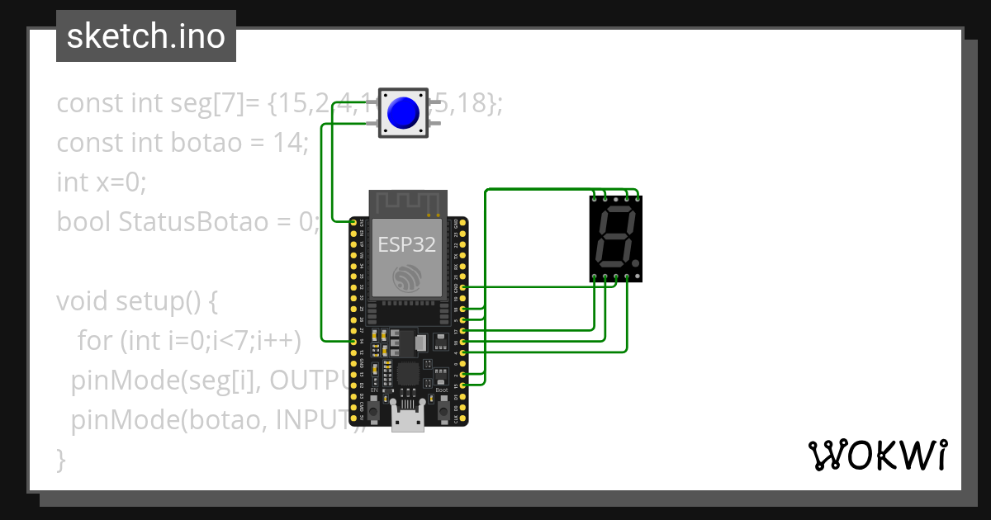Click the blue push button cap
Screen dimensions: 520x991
tap(403, 112)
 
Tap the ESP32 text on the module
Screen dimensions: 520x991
tap(406, 244)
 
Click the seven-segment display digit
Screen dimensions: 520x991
tap(615, 238)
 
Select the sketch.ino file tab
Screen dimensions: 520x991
tap(146, 36)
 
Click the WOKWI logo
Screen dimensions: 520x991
tap(877, 455)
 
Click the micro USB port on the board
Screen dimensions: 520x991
tap(407, 420)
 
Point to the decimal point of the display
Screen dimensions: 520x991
tap(634, 263)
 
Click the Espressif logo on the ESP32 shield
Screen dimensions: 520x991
tap(407, 277)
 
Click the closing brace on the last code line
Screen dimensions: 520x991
tap(60, 459)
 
